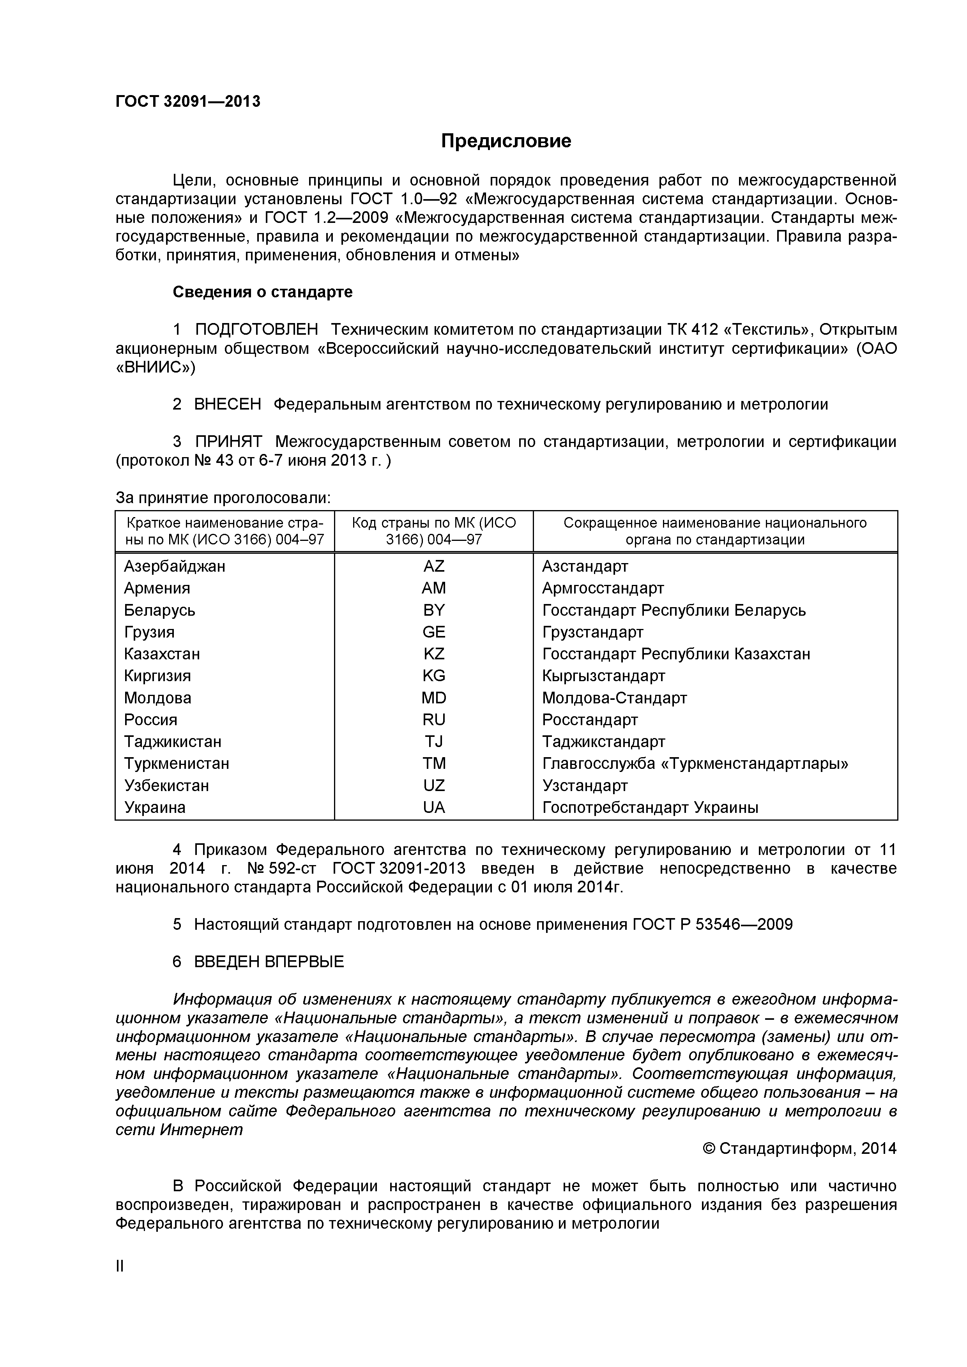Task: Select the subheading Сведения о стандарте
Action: pyautogui.click(x=263, y=292)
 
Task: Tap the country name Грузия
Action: pyautogui.click(x=149, y=632)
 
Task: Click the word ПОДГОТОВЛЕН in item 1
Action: pyautogui.click(x=256, y=329)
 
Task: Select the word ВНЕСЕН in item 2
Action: pyautogui.click(x=228, y=404)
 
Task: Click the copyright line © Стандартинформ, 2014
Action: pyautogui.click(x=799, y=1148)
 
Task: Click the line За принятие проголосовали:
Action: pyautogui.click(x=223, y=498)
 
